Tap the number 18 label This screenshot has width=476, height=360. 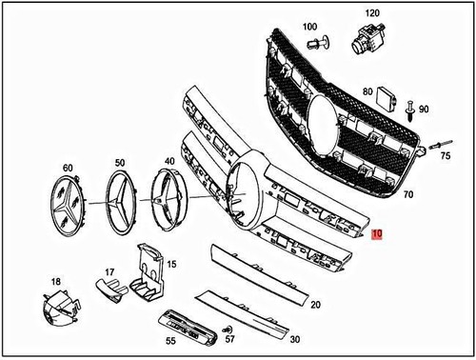tap(56, 281)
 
